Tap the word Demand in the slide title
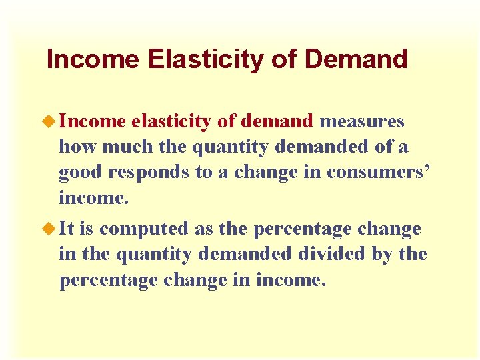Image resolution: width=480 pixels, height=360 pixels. (x=355, y=59)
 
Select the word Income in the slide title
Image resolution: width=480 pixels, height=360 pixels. (x=93, y=59)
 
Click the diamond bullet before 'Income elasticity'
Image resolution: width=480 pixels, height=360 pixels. (x=51, y=121)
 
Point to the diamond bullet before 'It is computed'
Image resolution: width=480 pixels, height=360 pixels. (x=51, y=229)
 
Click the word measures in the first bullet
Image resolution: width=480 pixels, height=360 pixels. (x=362, y=121)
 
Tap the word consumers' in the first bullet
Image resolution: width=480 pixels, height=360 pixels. (x=379, y=172)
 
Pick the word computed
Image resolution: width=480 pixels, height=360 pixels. (x=143, y=229)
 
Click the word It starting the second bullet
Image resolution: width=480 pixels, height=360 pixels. (x=67, y=229)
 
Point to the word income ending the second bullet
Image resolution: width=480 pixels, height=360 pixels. (x=293, y=280)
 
